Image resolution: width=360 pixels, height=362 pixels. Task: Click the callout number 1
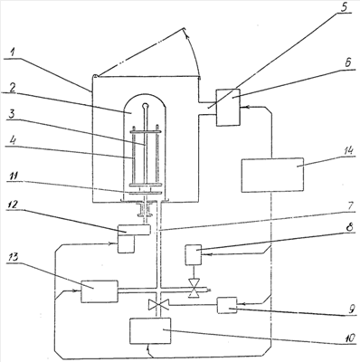pyautogui.click(x=14, y=52)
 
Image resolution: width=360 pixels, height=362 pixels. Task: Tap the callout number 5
pyautogui.click(x=344, y=6)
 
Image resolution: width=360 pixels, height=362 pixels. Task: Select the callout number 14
pyautogui.click(x=346, y=150)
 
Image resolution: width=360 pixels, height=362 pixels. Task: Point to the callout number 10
pyautogui.click(x=347, y=338)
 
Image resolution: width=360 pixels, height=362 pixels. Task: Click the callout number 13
pyautogui.click(x=13, y=257)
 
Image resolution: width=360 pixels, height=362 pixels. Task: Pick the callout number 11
pyautogui.click(x=13, y=176)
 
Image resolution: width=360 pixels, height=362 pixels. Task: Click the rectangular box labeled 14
pyautogui.click(x=272, y=175)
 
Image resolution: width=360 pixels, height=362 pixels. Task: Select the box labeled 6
pyautogui.click(x=228, y=107)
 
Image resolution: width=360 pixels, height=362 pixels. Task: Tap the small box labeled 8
pyautogui.click(x=194, y=255)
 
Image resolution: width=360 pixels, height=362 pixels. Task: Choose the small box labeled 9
pyautogui.click(x=227, y=305)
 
